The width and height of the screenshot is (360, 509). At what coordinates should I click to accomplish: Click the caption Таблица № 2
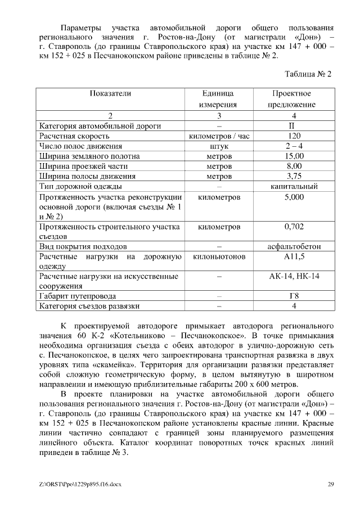pyautogui.click(x=308, y=74)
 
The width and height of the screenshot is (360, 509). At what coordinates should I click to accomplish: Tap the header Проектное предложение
pyautogui.click(x=291, y=99)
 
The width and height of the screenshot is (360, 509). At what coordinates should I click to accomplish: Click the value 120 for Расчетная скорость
pyautogui.click(x=294, y=136)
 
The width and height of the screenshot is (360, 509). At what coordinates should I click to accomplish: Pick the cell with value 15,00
pyautogui.click(x=294, y=156)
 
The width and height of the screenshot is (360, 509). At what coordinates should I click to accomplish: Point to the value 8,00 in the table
pyautogui.click(x=294, y=166)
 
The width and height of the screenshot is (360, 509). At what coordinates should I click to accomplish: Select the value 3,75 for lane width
pyautogui.click(x=294, y=177)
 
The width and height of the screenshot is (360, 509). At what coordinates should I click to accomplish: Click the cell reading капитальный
pyautogui.click(x=294, y=187)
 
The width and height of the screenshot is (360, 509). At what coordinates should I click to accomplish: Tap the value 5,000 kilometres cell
pyautogui.click(x=294, y=197)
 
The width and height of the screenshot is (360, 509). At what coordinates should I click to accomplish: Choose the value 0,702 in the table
pyautogui.click(x=294, y=227)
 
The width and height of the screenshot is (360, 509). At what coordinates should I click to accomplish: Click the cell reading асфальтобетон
pyautogui.click(x=294, y=246)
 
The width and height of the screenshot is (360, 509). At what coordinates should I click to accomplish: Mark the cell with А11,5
pyautogui.click(x=294, y=256)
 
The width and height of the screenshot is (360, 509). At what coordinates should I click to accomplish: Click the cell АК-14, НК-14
pyautogui.click(x=294, y=276)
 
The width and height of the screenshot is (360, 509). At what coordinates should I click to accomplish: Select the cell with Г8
pyautogui.click(x=294, y=296)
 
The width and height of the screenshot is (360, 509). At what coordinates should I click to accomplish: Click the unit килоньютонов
pyautogui.click(x=219, y=256)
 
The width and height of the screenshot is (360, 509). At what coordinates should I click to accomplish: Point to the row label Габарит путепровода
pyautogui.click(x=77, y=296)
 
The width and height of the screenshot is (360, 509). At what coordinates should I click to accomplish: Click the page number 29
pyautogui.click(x=331, y=484)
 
